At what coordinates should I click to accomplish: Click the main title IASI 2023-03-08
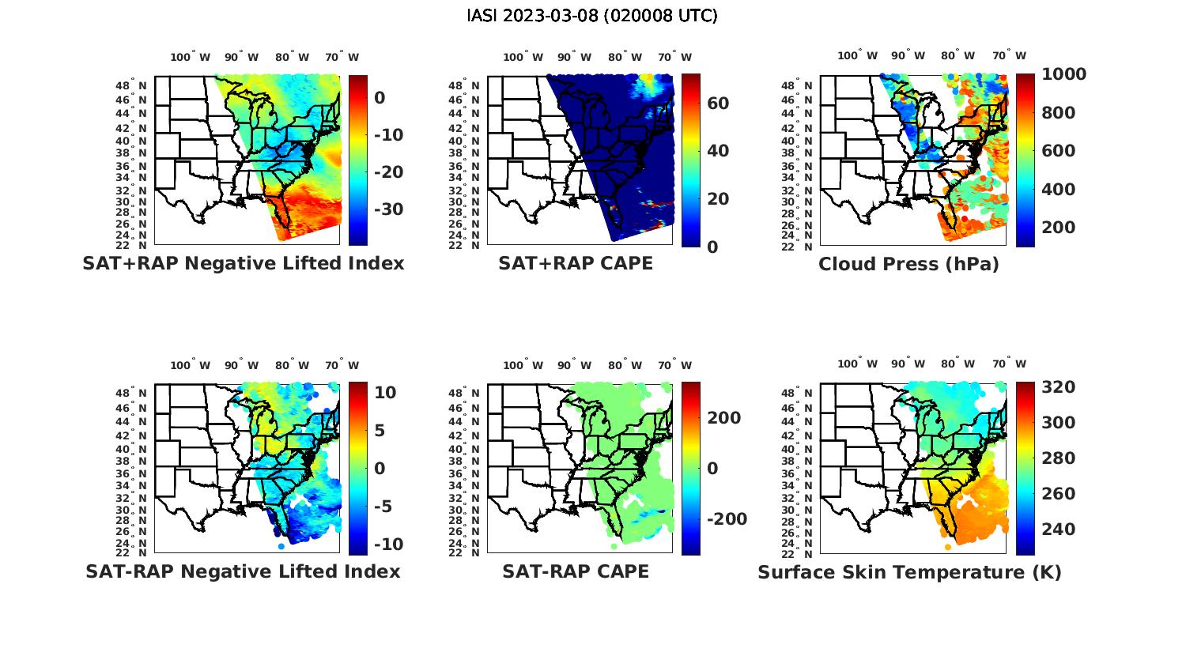pos(592,16)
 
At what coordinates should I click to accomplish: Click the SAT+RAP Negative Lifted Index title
pos(244,263)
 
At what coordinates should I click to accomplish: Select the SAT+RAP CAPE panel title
pos(576,263)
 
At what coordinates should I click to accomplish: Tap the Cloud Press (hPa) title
pos(908,264)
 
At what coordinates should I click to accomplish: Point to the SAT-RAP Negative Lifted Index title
pos(244,571)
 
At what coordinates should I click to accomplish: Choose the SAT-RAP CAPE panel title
pos(576,571)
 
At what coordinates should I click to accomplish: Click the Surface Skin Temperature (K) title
pos(909,572)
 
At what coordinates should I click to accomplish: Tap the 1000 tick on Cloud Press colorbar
pos(1063,74)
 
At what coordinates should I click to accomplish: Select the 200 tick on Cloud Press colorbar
pos(1059,228)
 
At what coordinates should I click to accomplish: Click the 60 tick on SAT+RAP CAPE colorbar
pos(718,104)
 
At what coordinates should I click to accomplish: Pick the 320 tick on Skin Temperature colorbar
pos(1059,387)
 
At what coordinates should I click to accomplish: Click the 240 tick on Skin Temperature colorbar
pos(1059,529)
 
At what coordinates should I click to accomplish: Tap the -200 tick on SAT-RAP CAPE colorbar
pos(726,519)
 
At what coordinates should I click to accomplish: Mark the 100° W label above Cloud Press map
pos(857,56)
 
